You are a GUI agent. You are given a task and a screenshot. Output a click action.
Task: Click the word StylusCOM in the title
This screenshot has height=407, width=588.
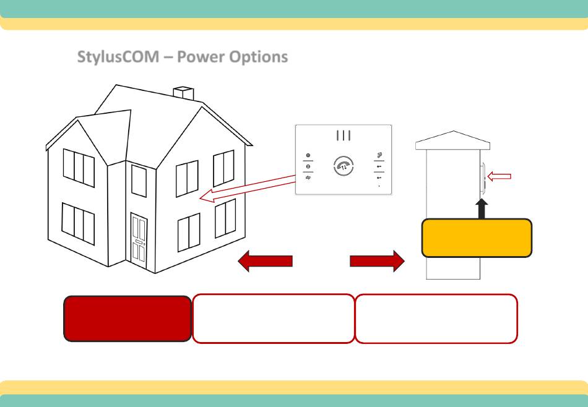[x=118, y=57]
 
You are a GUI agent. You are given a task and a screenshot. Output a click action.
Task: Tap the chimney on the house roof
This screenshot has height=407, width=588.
[x=183, y=93]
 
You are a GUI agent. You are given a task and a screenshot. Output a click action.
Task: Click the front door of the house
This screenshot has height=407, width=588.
[x=139, y=241]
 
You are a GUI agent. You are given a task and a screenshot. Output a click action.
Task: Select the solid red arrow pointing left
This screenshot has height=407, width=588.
[x=265, y=261]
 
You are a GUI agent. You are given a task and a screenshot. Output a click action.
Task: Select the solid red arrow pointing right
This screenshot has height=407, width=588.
[x=378, y=261]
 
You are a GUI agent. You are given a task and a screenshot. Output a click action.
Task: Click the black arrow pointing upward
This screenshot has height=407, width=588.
[x=482, y=208]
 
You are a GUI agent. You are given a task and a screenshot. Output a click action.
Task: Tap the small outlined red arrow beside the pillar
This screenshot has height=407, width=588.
[x=499, y=176]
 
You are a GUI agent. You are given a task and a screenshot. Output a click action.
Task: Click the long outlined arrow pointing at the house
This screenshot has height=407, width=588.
[x=248, y=189]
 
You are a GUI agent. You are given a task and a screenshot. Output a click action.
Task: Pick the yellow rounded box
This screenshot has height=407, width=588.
[x=477, y=238]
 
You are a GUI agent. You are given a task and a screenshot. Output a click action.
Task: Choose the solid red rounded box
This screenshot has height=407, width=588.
[x=128, y=319]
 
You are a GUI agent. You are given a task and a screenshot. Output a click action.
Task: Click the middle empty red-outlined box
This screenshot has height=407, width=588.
[x=274, y=319]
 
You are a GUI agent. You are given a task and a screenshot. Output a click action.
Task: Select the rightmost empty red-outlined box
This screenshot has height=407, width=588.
[x=436, y=319]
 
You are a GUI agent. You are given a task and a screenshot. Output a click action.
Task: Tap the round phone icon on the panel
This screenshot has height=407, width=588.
[x=344, y=166]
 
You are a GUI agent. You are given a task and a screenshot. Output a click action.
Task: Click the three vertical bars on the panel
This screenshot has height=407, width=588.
[x=344, y=135]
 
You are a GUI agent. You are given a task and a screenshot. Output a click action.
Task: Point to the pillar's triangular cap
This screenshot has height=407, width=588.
[x=453, y=140]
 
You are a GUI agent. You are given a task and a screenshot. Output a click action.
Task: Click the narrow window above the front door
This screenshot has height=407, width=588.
[x=139, y=181]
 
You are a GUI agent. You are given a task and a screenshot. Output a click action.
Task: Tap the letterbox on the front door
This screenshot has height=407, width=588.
[x=139, y=242]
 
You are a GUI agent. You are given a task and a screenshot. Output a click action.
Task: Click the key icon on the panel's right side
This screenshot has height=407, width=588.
[x=379, y=155]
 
